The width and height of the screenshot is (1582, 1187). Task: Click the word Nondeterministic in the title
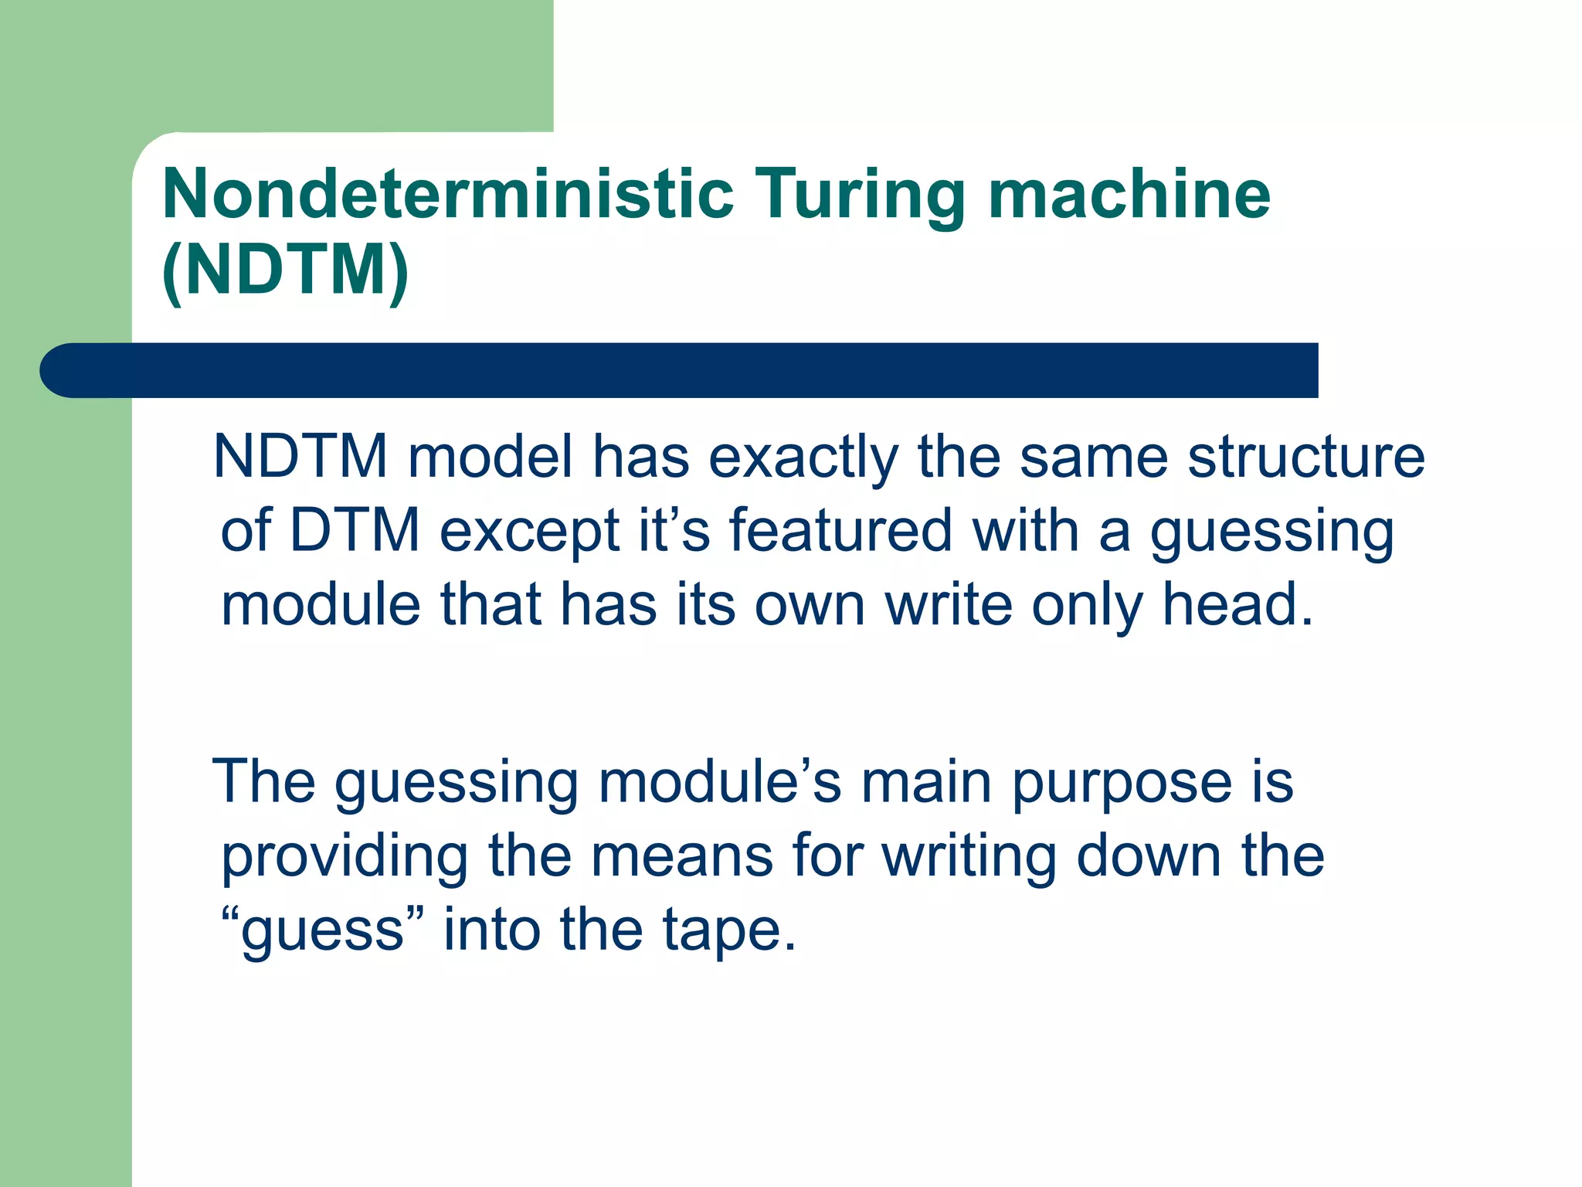[x=448, y=195]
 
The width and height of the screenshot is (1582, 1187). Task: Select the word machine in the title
[x=1129, y=195]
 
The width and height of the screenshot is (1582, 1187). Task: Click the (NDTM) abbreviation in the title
[x=285, y=270]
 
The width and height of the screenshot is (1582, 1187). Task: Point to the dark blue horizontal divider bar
[x=680, y=370]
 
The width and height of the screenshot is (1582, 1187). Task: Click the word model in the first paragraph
[x=491, y=457]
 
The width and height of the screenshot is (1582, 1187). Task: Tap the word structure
[x=1305, y=457]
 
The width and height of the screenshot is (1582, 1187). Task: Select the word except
[x=529, y=532]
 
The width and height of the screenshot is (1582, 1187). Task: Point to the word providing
[x=345, y=858]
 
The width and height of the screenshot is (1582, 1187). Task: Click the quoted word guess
[x=323, y=931]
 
